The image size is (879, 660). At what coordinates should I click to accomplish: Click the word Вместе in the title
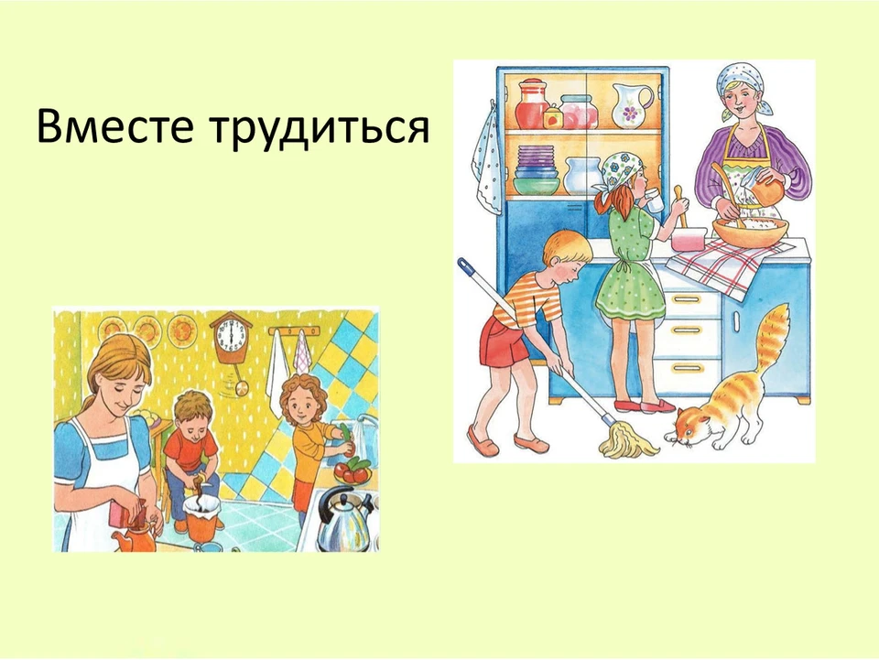tap(115, 127)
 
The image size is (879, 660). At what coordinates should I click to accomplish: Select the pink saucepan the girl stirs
tap(688, 239)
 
